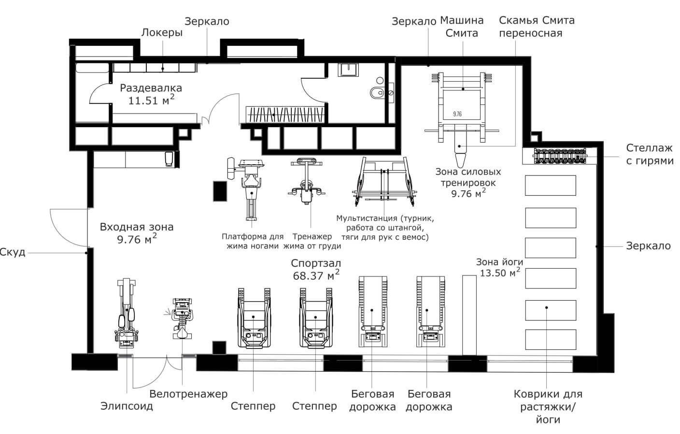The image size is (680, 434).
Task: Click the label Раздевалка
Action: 151,88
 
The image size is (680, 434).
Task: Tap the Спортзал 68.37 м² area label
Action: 316,269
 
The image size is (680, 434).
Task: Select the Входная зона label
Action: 137,227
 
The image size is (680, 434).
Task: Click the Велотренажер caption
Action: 188,394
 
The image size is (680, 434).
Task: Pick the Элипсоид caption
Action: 127,406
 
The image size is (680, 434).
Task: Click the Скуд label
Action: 13,252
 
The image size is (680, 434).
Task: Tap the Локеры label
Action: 162,32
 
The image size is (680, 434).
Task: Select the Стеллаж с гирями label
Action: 650,154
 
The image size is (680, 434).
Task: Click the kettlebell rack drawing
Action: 560,156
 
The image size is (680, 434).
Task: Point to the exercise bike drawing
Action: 182,318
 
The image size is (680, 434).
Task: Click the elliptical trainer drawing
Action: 127,313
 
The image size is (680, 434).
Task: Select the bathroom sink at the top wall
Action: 348,70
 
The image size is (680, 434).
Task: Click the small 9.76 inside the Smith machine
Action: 457,114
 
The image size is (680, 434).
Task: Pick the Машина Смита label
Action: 462,27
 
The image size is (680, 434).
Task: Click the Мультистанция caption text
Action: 385,228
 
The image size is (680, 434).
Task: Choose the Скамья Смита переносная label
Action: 537,27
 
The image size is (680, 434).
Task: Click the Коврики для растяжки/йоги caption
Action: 548,407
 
